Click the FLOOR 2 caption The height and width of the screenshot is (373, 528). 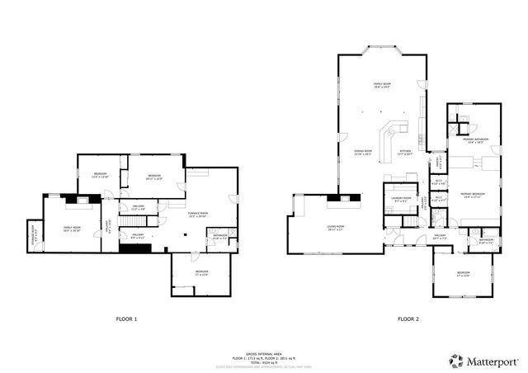408,319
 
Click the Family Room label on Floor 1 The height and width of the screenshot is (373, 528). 73,229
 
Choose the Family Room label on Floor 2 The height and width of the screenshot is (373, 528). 383,85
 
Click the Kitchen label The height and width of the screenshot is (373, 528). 406,153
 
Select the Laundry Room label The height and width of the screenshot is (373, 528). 402,199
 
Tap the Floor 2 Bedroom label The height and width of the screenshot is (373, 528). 464,273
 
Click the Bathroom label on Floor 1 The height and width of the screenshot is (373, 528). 219,237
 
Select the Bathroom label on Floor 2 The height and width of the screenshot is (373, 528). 486,241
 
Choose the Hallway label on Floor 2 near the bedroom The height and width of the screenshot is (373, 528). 440,237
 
